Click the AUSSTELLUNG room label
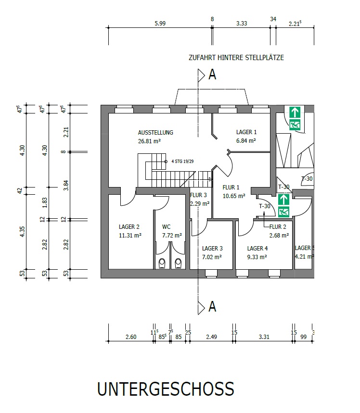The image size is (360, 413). (155, 133)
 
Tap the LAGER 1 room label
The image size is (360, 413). (246, 132)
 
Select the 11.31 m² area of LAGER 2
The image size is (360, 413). (130, 235)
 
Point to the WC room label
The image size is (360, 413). (167, 227)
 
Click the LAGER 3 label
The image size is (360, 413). (212, 249)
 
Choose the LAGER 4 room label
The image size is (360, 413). (257, 249)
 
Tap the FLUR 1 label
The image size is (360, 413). (231, 188)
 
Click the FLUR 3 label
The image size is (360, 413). (198, 195)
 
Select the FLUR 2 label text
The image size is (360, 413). (278, 227)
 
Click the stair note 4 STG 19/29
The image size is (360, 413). (182, 161)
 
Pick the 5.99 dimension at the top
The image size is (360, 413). (160, 24)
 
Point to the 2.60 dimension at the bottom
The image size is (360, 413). (131, 337)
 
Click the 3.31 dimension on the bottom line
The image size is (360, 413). (264, 337)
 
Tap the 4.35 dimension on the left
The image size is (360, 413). (23, 232)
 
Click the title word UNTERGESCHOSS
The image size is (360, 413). (166, 389)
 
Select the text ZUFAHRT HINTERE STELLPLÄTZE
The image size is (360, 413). (236, 58)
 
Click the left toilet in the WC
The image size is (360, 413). (162, 263)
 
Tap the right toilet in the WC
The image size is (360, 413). (178, 263)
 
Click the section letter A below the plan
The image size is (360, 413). (212, 307)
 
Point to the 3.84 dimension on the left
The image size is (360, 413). (66, 186)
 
